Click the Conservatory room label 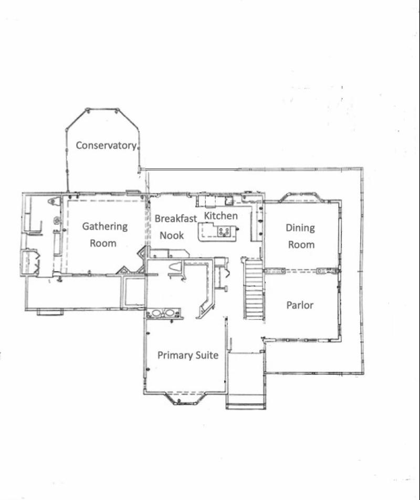[107, 145]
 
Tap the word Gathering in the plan [104, 226]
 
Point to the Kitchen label [220, 216]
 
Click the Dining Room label [300, 236]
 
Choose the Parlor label [300, 305]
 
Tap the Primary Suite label [188, 355]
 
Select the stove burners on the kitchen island [224, 230]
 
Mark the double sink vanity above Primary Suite [163, 313]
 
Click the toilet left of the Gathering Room [54, 201]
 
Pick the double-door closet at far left [29, 262]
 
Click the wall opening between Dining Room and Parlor [300, 271]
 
